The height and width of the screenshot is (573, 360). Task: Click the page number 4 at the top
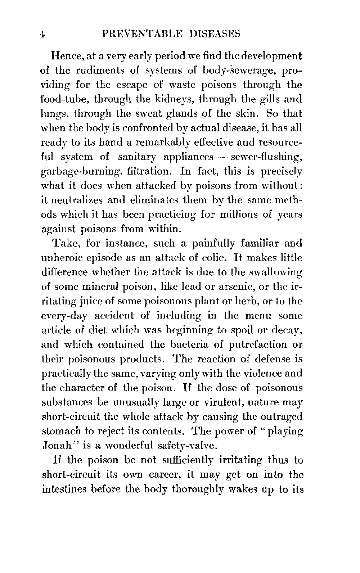[x=42, y=35]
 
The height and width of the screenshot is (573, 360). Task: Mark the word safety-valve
[x=187, y=446]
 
